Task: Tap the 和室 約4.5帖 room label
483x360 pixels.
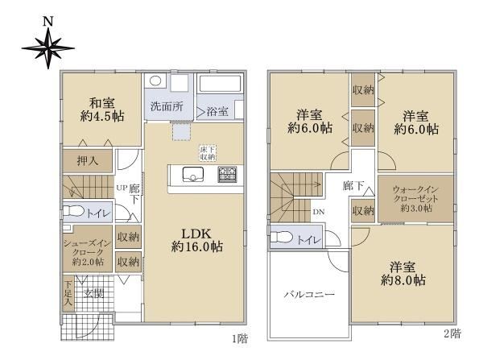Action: click(x=102, y=110)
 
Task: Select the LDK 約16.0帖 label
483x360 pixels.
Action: click(x=197, y=241)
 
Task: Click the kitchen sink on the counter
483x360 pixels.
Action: click(x=193, y=175)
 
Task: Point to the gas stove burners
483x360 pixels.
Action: click(x=227, y=174)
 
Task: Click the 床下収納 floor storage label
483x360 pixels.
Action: click(x=208, y=153)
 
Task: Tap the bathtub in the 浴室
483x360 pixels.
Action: click(x=220, y=83)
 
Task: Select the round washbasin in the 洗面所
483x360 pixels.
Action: click(x=155, y=81)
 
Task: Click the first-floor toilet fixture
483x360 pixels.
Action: click(x=73, y=212)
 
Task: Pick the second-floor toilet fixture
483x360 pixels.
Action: click(x=282, y=237)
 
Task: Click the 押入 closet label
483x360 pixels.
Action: click(x=88, y=160)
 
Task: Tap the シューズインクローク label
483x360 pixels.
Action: click(x=88, y=253)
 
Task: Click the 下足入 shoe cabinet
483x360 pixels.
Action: click(x=68, y=293)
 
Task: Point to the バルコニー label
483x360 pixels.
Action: click(x=309, y=294)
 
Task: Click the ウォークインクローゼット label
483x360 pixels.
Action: click(x=415, y=199)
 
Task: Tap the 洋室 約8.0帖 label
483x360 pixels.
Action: click(x=403, y=274)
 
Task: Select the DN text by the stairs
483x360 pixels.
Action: click(x=319, y=212)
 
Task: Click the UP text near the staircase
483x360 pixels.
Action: click(x=122, y=188)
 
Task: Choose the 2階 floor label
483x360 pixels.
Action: click(x=452, y=333)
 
